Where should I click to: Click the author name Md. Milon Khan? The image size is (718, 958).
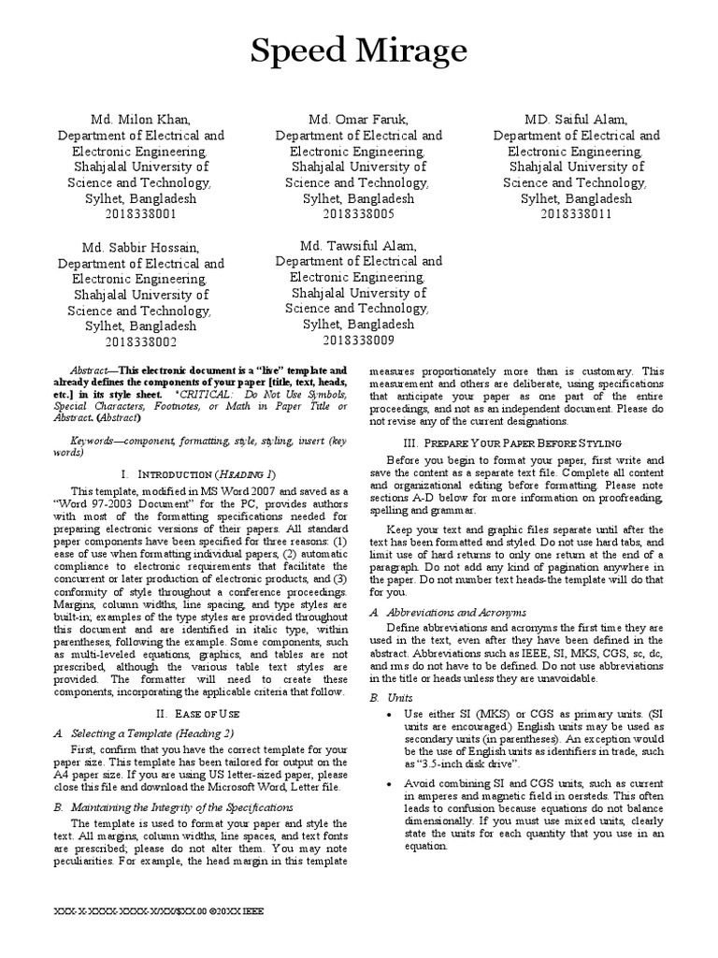click(140, 120)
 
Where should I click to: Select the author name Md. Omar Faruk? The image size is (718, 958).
click(358, 120)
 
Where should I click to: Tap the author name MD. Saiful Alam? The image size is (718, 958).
click(576, 120)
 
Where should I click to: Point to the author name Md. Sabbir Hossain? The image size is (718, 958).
click(140, 248)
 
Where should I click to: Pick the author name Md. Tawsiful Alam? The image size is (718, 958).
click(358, 245)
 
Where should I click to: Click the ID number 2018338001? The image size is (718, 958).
click(140, 214)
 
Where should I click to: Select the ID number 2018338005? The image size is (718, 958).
click(358, 214)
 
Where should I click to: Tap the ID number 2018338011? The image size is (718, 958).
click(576, 214)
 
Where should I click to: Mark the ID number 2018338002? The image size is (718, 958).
click(140, 342)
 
